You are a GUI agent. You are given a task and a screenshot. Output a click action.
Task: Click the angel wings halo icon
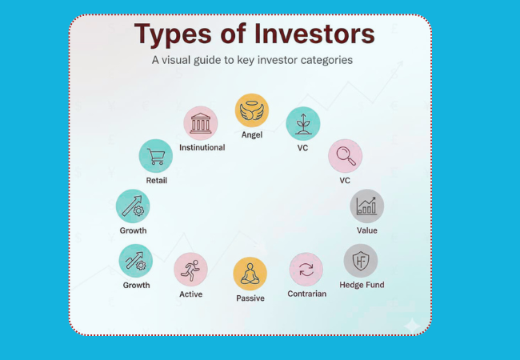point(251,110)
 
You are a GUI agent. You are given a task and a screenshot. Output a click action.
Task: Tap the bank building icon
point(201,123)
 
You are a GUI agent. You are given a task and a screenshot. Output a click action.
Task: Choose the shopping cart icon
point(155,156)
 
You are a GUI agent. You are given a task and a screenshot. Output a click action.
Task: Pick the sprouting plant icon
point(302,123)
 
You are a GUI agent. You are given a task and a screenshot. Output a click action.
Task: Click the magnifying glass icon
point(345,156)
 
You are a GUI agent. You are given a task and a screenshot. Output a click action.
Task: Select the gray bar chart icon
point(367,206)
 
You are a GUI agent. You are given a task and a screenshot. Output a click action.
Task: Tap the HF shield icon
point(361,261)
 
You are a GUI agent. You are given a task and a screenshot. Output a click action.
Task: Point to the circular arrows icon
point(306,270)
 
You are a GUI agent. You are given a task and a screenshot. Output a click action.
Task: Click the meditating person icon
point(250,274)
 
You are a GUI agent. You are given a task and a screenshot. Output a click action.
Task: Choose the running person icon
point(190,270)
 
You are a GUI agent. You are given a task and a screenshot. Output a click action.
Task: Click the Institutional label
point(202,148)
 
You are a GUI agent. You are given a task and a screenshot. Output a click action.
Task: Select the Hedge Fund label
point(362,285)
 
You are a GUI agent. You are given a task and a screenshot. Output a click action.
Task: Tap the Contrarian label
point(307,294)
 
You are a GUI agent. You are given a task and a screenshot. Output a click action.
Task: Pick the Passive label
point(250,298)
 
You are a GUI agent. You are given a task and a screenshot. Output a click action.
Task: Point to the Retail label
point(157,181)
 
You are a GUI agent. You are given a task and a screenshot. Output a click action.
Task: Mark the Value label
point(367,230)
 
